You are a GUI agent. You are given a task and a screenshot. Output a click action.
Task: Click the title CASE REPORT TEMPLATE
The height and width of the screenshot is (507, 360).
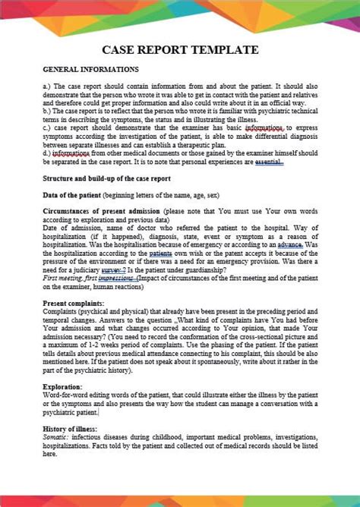pos(180,50)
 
